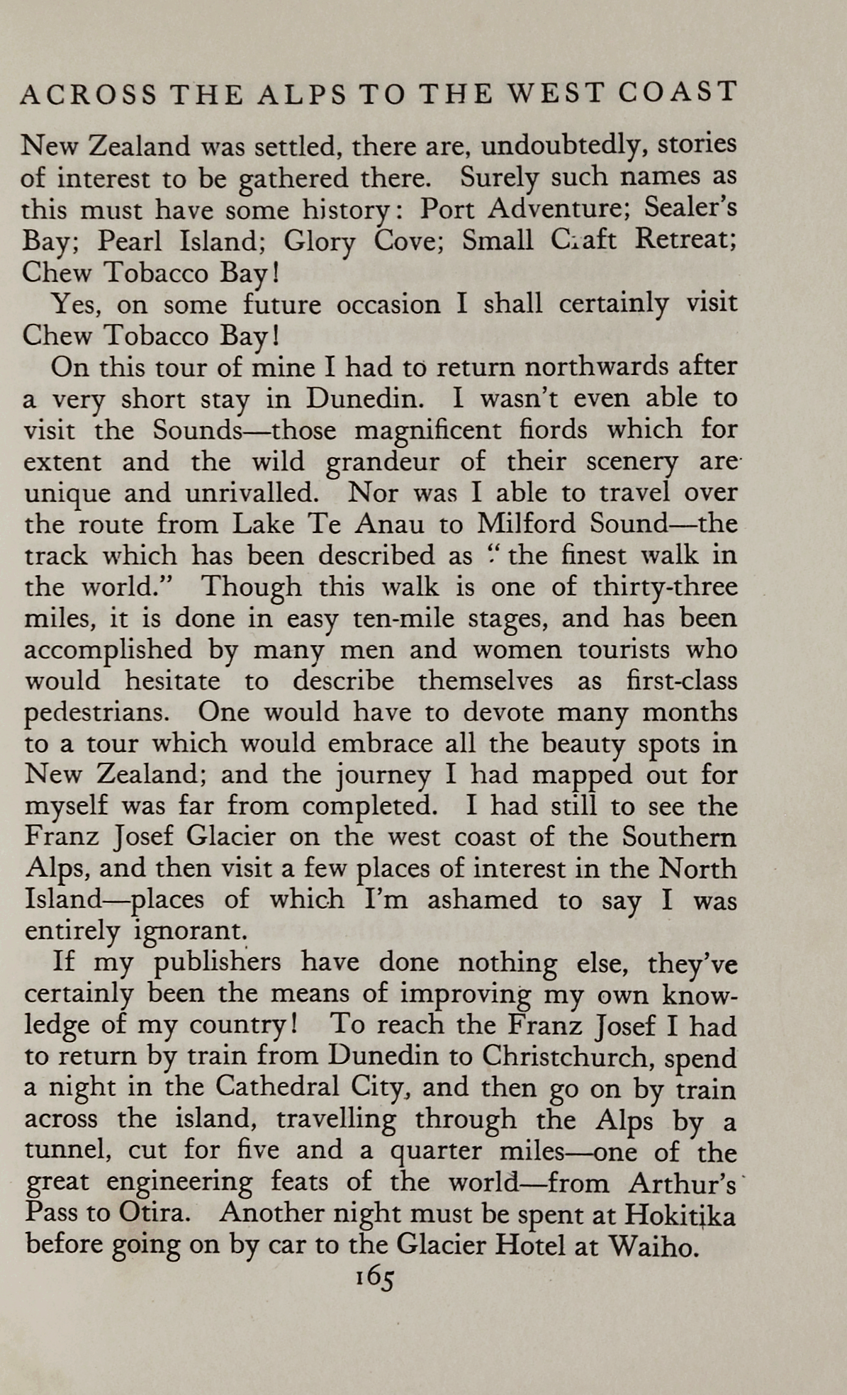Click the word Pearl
(125, 241)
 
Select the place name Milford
(527, 524)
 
